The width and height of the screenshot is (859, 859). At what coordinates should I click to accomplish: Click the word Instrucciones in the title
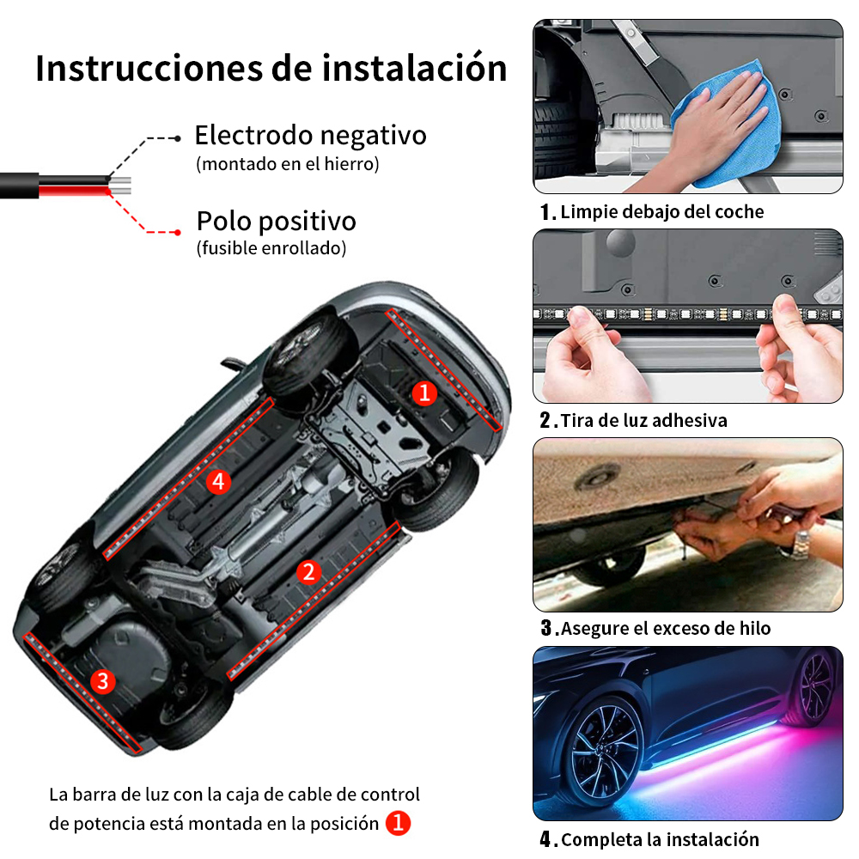point(149,69)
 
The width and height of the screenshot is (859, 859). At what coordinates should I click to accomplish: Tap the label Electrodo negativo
point(310,136)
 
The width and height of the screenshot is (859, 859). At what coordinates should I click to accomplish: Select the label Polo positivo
point(276,222)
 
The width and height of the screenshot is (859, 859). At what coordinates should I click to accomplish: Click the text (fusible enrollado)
point(271,248)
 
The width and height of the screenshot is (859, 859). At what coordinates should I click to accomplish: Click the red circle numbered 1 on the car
point(424,393)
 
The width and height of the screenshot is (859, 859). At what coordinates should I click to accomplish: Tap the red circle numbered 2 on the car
point(308,572)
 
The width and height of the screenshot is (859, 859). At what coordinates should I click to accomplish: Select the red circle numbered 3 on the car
point(102,681)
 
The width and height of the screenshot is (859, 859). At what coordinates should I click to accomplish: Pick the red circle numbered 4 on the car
point(218,482)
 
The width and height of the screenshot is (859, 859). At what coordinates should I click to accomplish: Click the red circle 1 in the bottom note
point(398,823)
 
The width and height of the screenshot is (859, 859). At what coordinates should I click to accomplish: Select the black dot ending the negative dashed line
point(178,138)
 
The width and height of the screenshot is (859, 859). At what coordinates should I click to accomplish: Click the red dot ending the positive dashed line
point(178,232)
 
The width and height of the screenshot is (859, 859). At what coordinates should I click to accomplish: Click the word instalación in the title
point(414,69)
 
